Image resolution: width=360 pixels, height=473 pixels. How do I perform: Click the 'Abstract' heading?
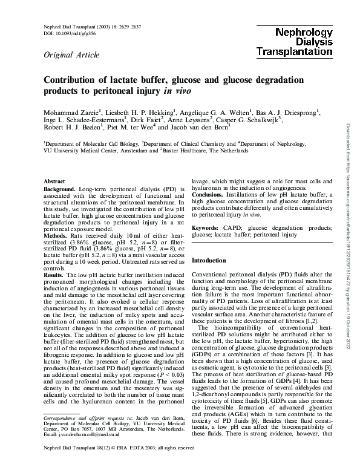point(56,181)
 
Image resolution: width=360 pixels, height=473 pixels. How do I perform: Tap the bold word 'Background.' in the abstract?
point(59,189)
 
